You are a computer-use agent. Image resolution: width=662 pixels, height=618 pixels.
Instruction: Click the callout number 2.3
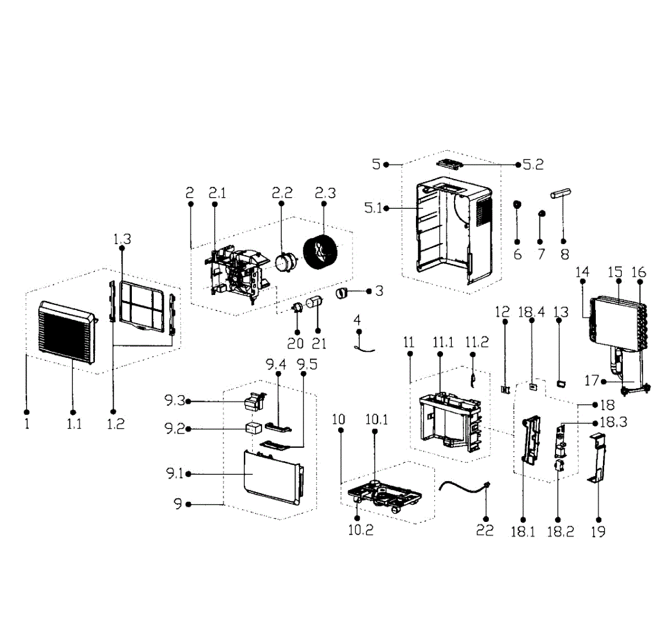325,193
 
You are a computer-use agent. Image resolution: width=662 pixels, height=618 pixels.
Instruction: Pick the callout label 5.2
533,165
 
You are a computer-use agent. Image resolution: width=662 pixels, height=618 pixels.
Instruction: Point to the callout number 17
591,381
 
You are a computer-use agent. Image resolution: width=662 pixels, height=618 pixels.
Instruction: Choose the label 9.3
174,402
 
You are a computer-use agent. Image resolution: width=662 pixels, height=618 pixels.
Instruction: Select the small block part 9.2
254,428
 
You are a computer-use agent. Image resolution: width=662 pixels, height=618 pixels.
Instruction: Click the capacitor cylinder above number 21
313,303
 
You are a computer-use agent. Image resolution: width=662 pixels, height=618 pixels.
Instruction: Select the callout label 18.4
531,312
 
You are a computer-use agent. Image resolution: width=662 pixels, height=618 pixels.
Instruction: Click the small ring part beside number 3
343,292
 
